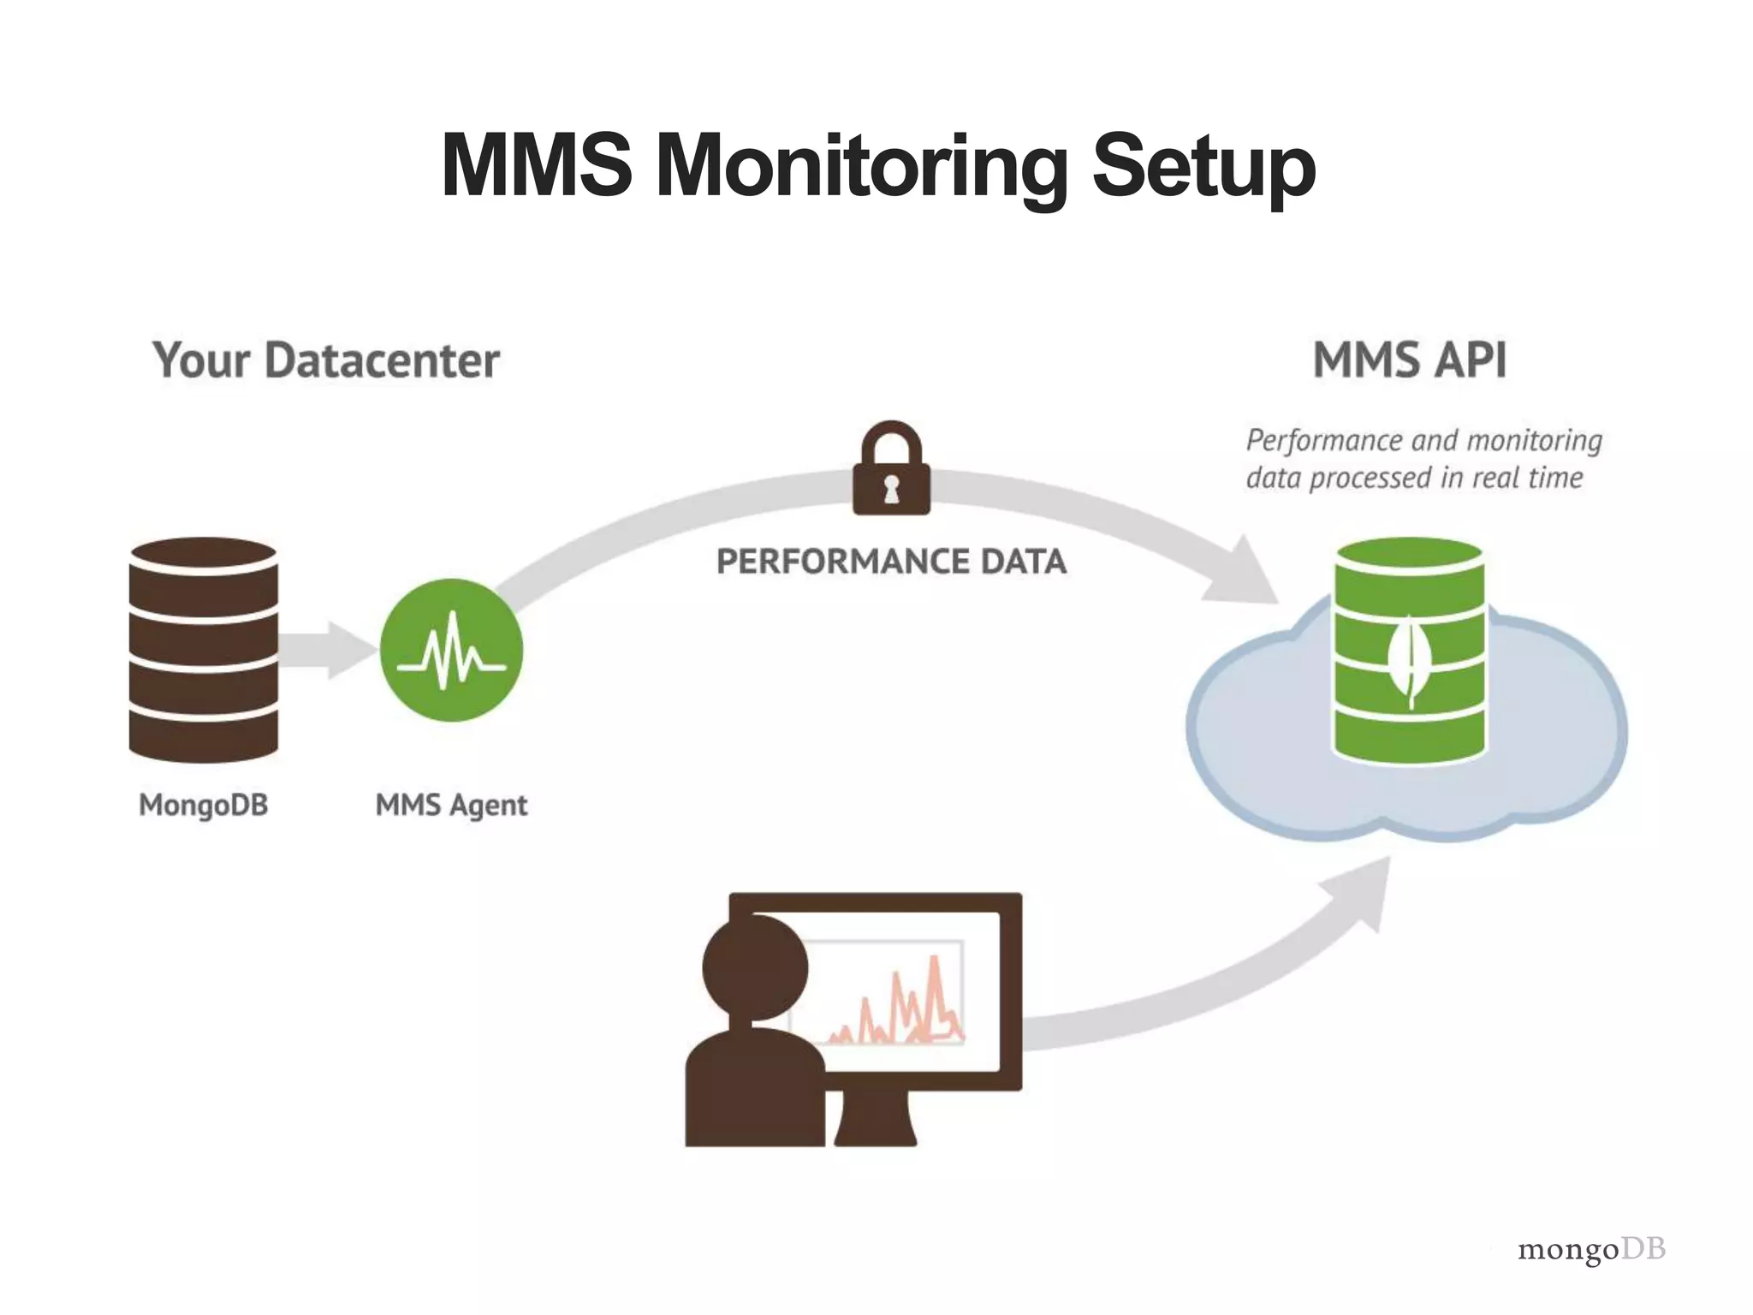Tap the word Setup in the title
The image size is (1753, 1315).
pyautogui.click(x=1203, y=166)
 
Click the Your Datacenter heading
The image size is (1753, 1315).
pyautogui.click(x=326, y=360)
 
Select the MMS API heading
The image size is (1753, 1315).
pyautogui.click(x=1409, y=360)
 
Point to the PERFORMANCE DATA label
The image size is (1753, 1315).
pyautogui.click(x=891, y=562)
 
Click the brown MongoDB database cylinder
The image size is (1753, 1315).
pyautogui.click(x=204, y=651)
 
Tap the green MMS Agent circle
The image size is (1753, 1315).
pyautogui.click(x=451, y=651)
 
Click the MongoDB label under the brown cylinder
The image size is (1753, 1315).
pyautogui.click(x=204, y=805)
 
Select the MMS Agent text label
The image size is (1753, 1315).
pyautogui.click(x=451, y=805)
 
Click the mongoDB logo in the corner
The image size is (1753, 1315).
pyautogui.click(x=1590, y=1249)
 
